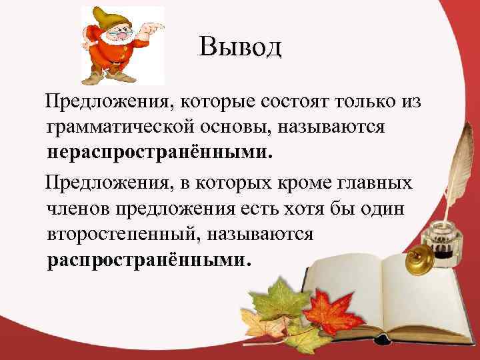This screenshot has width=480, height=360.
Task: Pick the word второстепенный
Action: pyautogui.click(x=123, y=235)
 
